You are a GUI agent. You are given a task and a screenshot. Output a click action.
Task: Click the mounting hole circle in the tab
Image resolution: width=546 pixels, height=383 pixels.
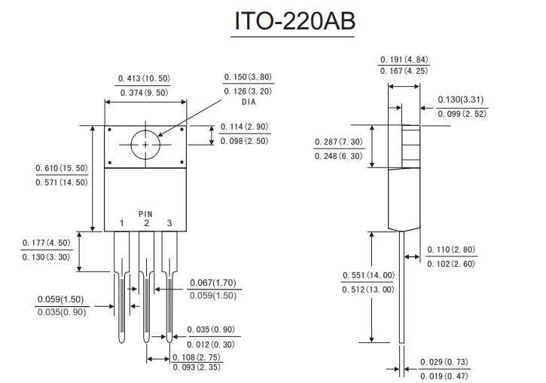145,144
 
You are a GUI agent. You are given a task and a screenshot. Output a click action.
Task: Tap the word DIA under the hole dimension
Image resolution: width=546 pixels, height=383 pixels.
249,102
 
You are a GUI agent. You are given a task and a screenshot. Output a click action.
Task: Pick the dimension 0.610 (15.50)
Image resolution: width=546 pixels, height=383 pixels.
61,168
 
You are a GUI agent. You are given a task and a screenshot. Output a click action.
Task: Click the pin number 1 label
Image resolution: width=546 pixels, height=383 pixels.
121,223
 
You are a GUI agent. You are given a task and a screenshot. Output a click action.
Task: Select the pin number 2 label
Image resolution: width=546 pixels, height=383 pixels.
146,223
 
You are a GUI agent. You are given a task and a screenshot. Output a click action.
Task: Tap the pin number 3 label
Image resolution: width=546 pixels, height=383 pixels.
169,223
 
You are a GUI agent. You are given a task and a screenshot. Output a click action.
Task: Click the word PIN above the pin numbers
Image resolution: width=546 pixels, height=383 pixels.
145,213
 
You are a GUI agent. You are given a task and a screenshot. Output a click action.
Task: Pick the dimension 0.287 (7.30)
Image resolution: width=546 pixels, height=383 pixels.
338,142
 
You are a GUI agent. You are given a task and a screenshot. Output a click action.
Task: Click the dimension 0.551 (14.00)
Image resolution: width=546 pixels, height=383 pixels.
368,275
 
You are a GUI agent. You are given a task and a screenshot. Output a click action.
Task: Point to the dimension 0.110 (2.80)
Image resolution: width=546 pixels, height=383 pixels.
451,250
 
